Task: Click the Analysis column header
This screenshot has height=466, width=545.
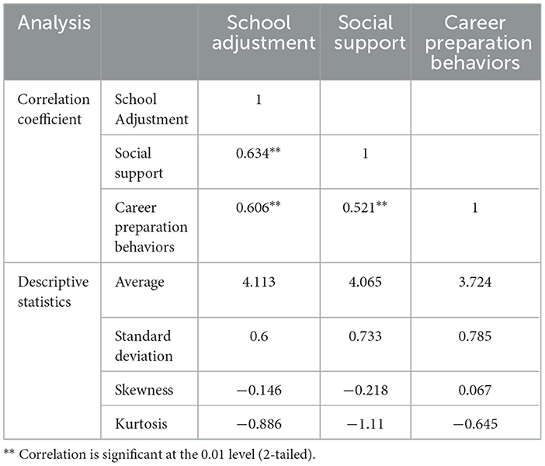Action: click(54, 23)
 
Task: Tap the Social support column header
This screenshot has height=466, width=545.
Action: click(366, 33)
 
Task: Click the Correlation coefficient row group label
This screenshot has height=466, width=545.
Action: click(54, 110)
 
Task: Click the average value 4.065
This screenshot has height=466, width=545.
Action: click(366, 283)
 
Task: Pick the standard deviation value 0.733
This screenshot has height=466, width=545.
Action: click(366, 336)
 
